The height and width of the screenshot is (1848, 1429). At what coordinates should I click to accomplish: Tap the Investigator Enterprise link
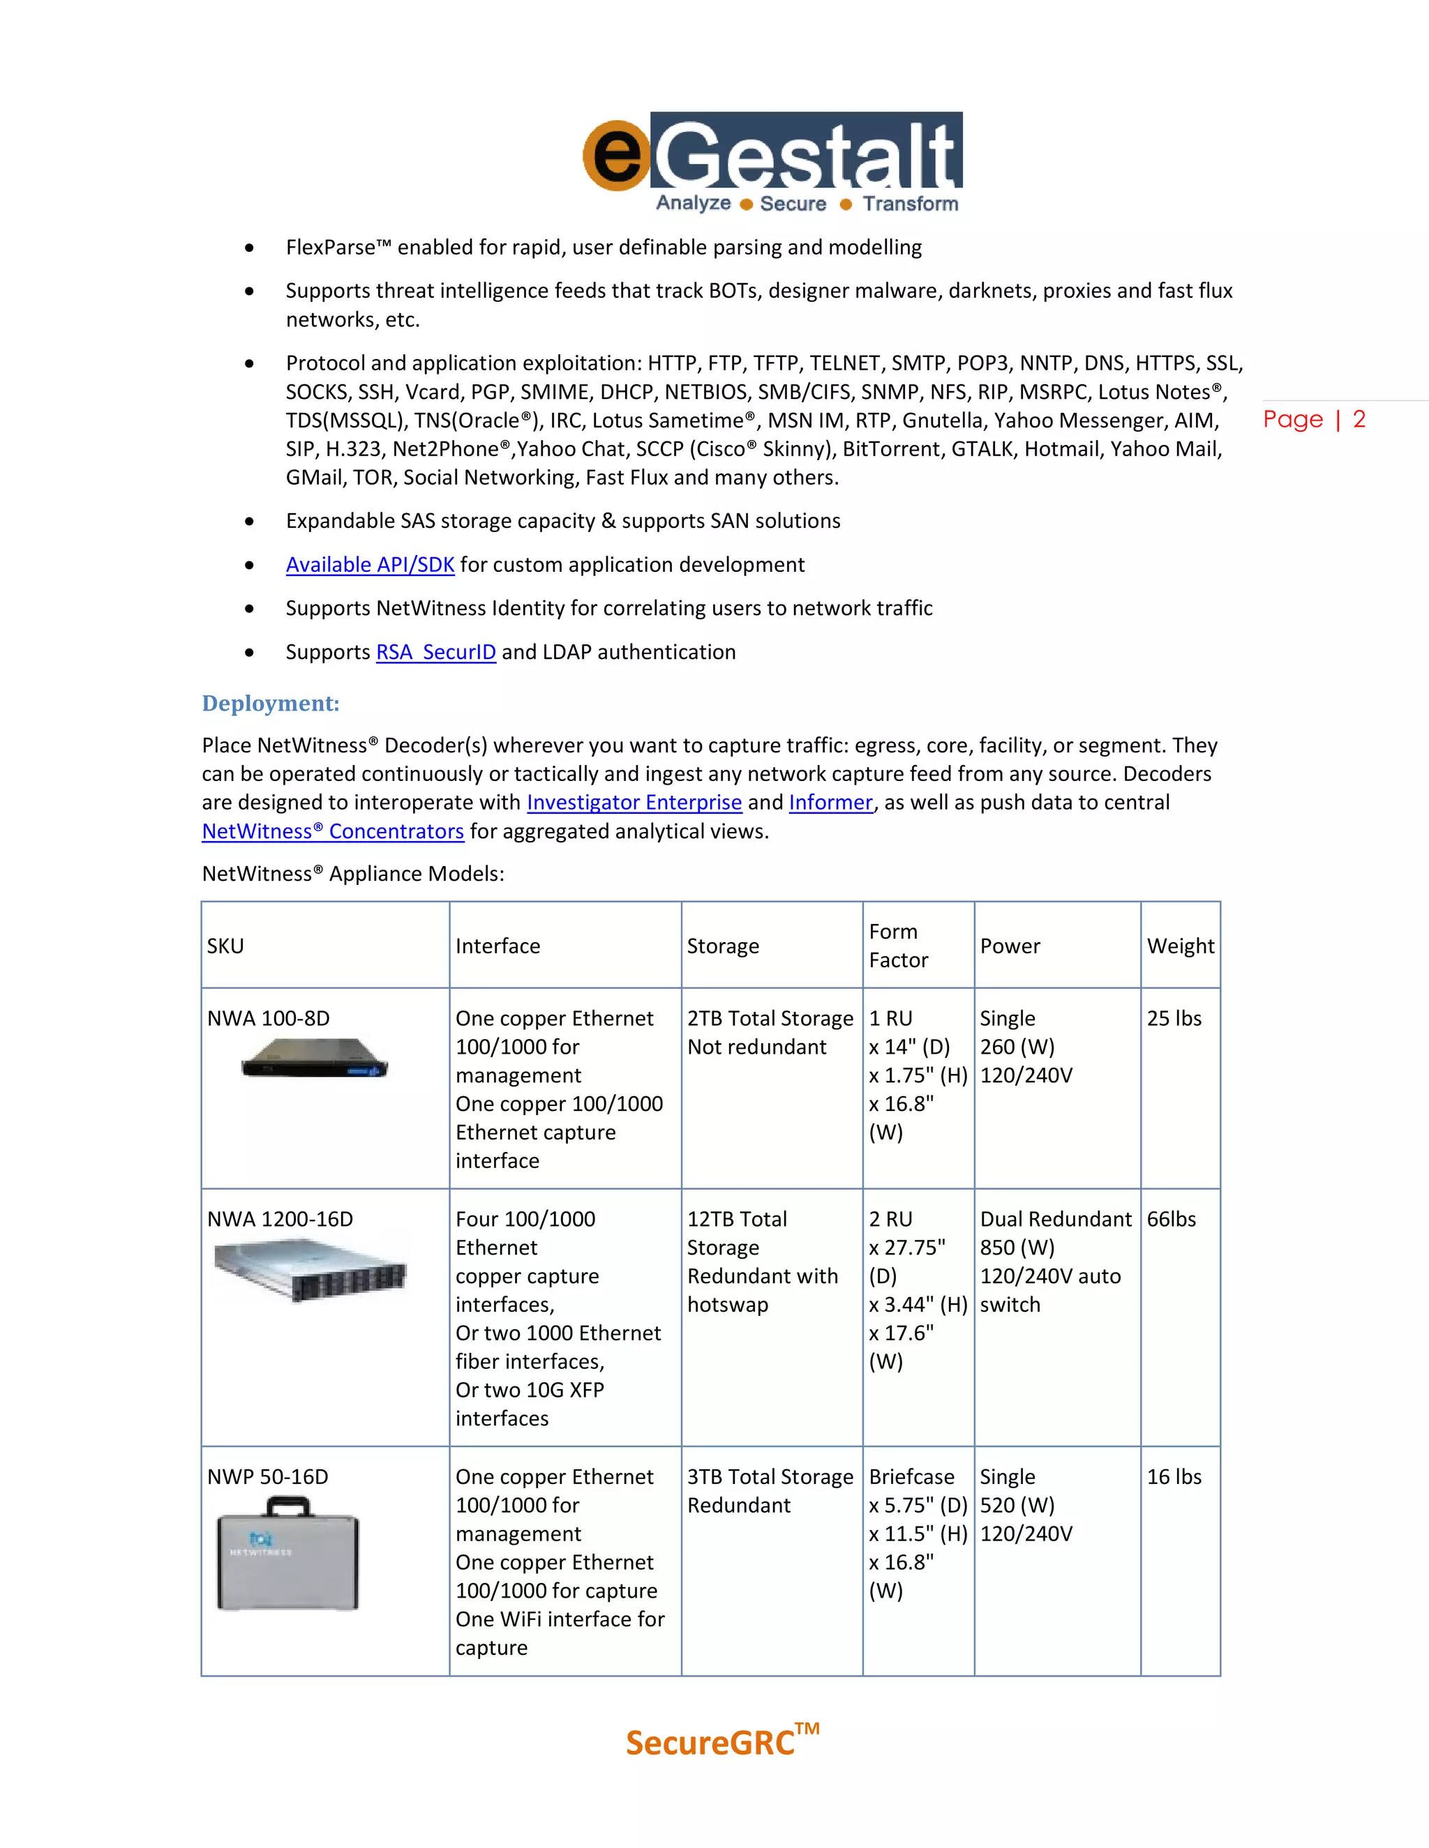coord(634,802)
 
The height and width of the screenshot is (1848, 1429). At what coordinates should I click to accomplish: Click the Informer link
coord(830,802)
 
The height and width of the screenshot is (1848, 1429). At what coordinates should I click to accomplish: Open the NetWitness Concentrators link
coord(333,831)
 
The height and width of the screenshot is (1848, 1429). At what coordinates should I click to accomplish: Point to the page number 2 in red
coord(1359,419)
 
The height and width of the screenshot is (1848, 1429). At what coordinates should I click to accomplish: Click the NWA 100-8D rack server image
coord(314,1058)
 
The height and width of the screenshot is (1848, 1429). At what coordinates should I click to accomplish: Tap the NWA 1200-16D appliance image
coord(310,1268)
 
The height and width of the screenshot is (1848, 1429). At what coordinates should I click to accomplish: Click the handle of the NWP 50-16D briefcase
coord(288,1506)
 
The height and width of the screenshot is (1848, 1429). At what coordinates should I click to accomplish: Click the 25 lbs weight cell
coord(1174,1018)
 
